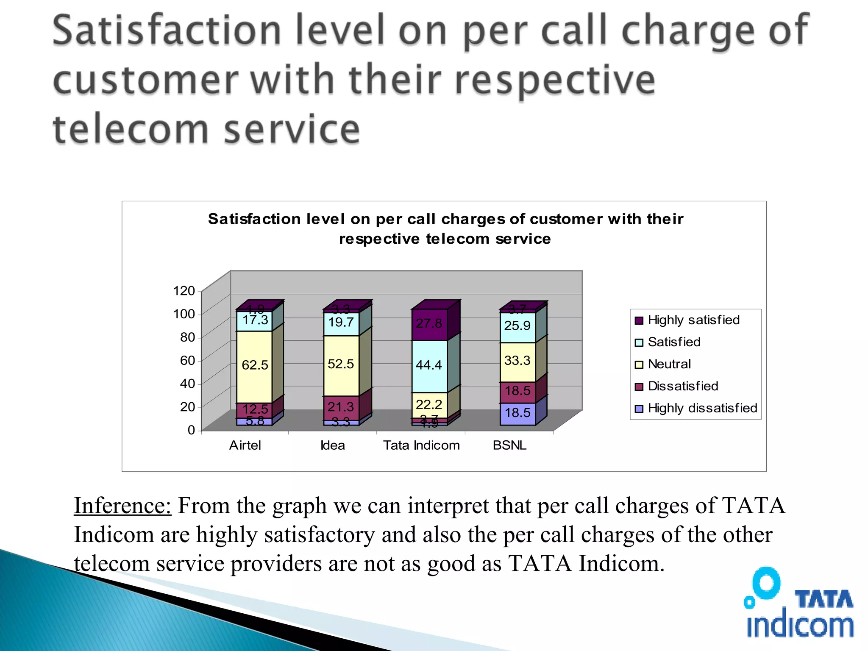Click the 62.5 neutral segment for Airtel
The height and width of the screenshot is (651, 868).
[x=254, y=365]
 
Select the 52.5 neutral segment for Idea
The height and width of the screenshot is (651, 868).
[x=341, y=364]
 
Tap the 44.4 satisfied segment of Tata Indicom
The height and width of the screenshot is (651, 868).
[x=429, y=365]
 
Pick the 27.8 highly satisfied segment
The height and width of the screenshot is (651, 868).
[x=429, y=324]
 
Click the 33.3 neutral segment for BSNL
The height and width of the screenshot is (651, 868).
[x=517, y=361]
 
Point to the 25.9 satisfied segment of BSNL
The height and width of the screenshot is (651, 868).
[x=517, y=326]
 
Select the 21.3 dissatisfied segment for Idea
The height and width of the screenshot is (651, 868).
[x=341, y=407]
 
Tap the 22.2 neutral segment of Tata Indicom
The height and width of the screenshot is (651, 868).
[x=429, y=405]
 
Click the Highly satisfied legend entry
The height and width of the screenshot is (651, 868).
[x=693, y=320]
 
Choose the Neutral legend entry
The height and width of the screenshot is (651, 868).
[x=669, y=364]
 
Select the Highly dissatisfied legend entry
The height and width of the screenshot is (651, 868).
[x=702, y=409]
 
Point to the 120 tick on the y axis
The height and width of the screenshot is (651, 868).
[x=184, y=291]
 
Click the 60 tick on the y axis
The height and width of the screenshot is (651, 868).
[x=187, y=361]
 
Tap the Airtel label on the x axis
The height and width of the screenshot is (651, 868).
[x=245, y=445]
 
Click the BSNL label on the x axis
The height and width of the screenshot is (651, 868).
[x=509, y=445]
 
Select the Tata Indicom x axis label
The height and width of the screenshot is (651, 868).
[x=421, y=445]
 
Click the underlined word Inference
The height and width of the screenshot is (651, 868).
[x=122, y=506]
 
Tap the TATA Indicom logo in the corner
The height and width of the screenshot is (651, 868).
[x=798, y=604]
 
